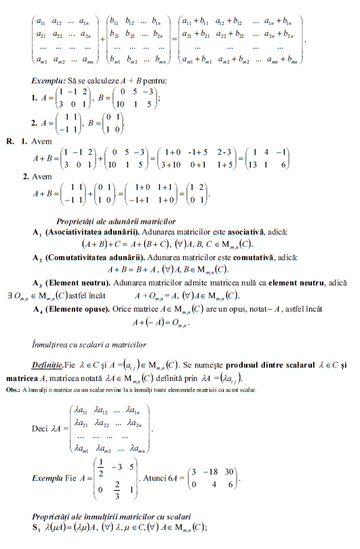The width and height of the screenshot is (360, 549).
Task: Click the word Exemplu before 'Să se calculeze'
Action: click(48, 81)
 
